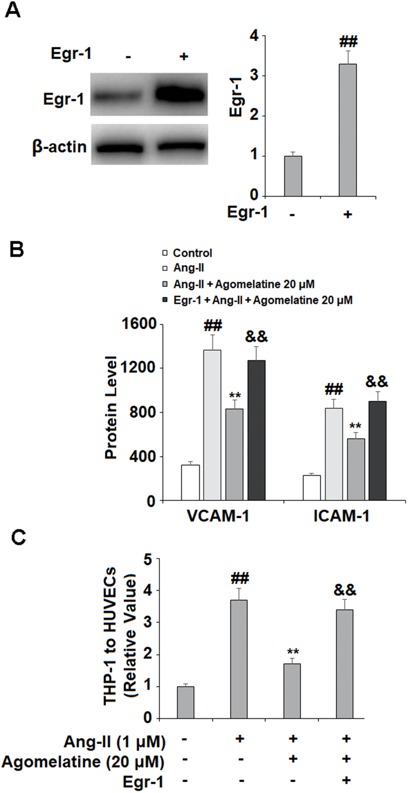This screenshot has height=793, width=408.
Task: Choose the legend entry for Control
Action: tap(188, 253)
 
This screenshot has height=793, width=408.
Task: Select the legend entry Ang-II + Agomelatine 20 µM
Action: tap(239, 284)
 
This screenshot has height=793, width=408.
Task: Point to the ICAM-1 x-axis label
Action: tap(341, 516)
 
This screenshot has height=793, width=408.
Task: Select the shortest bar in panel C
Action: tap(186, 702)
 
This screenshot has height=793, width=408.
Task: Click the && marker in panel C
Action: tap(345, 590)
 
